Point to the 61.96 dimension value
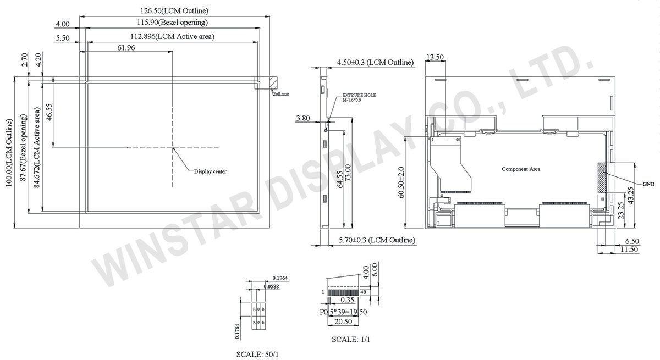pos(127,48)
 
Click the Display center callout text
pos(210,171)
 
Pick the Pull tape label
pos(281,94)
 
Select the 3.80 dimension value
pos(303,118)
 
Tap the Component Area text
pos(520,169)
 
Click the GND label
pos(647,184)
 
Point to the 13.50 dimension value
pos(435,57)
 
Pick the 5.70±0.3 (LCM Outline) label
pos(376,240)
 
